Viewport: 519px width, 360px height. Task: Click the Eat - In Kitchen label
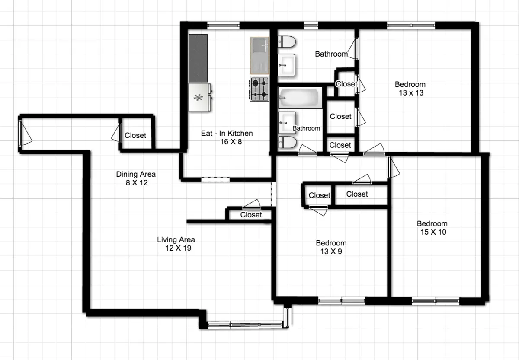(x=227, y=137)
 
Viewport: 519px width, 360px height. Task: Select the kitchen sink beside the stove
(x=259, y=55)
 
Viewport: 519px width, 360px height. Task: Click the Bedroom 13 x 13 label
(x=410, y=88)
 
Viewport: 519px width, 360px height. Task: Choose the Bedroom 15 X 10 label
(x=432, y=228)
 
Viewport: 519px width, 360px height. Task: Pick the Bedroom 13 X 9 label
(x=331, y=247)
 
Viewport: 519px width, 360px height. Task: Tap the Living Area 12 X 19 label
(x=176, y=244)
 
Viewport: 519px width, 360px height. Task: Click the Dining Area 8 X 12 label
(x=136, y=178)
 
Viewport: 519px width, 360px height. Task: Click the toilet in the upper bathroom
(x=286, y=42)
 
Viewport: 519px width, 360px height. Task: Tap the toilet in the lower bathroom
(x=287, y=142)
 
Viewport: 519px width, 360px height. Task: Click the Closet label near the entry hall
(x=135, y=135)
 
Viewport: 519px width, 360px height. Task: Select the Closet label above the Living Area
(x=251, y=215)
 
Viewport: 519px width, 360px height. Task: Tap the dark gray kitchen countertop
(x=198, y=58)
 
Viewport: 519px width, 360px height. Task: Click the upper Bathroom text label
(x=331, y=54)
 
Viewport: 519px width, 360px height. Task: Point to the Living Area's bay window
(x=246, y=324)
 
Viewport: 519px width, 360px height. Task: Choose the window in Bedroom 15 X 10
(x=435, y=301)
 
